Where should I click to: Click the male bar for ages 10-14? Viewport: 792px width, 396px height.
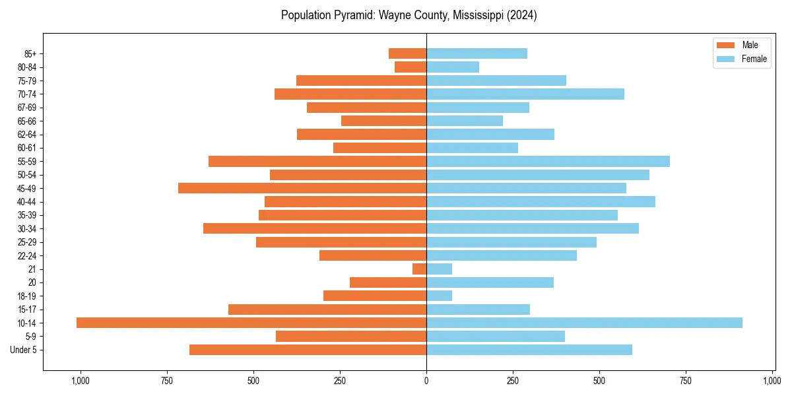click(x=251, y=323)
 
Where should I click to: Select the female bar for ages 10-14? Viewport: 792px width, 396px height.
click(x=584, y=323)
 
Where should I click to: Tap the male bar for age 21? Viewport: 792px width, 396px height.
click(x=420, y=269)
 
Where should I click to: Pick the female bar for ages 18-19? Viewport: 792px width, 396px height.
click(x=440, y=296)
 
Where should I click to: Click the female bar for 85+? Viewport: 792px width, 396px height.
click(x=477, y=53)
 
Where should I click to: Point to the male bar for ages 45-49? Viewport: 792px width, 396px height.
click(x=302, y=188)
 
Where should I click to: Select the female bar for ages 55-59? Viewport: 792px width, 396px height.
click(x=548, y=161)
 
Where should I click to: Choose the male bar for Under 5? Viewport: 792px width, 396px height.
click(x=308, y=350)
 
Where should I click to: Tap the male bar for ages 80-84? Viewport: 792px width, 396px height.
click(x=411, y=67)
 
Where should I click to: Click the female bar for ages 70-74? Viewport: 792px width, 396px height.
click(x=525, y=94)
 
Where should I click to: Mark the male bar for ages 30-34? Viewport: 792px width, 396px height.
click(x=315, y=228)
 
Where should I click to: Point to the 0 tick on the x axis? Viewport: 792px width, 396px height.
click(x=426, y=381)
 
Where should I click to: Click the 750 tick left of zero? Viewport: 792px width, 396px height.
click(x=167, y=381)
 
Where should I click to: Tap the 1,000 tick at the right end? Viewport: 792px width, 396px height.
click(x=772, y=381)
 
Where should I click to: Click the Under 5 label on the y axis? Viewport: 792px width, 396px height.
click(x=24, y=350)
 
